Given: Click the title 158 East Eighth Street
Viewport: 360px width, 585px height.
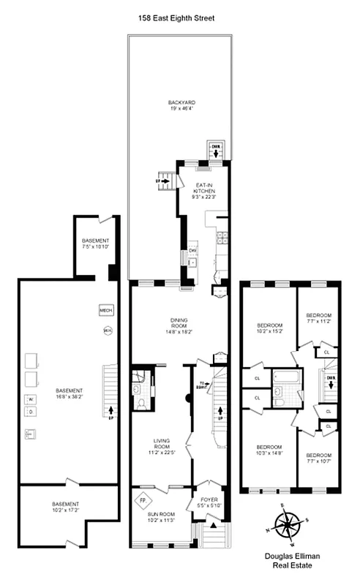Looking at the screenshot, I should (180, 17).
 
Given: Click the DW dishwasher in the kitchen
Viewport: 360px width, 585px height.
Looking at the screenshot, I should (192, 251).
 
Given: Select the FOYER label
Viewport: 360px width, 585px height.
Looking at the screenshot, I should (209, 502).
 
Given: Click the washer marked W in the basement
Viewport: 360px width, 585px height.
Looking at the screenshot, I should (31, 399).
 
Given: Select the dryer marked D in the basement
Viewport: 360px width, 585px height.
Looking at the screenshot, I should (31, 412).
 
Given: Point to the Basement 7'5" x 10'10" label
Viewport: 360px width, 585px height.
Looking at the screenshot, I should (95, 244).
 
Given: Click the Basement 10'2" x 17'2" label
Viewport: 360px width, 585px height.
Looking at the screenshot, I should (66, 507).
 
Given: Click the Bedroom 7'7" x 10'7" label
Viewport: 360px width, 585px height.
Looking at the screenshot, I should (319, 457).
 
